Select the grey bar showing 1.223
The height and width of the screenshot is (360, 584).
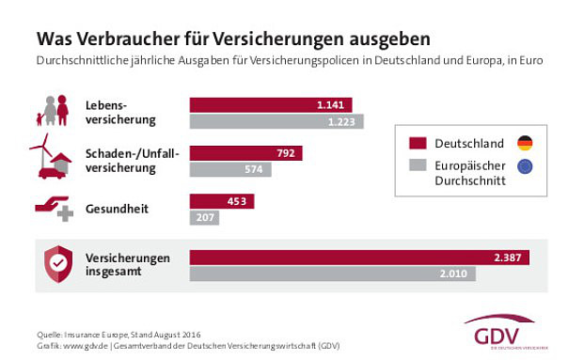coord(276,121)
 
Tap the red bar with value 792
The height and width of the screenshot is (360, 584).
coord(245,152)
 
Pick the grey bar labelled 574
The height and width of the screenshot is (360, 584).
coord(230,169)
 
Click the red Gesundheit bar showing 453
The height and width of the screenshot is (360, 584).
coord(222,201)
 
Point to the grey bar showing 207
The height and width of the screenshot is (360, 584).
coord(204,218)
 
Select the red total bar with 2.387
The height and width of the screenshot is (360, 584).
coord(359,257)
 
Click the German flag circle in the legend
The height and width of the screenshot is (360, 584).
coord(524,143)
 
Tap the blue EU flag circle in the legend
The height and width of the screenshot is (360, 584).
coord(524,167)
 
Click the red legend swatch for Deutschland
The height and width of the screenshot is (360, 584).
coord(418,144)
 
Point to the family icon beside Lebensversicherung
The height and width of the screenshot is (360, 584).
coord(54,110)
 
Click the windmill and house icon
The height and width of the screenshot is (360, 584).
coord(51,156)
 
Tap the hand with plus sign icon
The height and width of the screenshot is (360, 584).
coord(53,209)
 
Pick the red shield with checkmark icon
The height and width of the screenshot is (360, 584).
coord(53,265)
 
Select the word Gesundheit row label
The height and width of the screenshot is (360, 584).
coord(117,207)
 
